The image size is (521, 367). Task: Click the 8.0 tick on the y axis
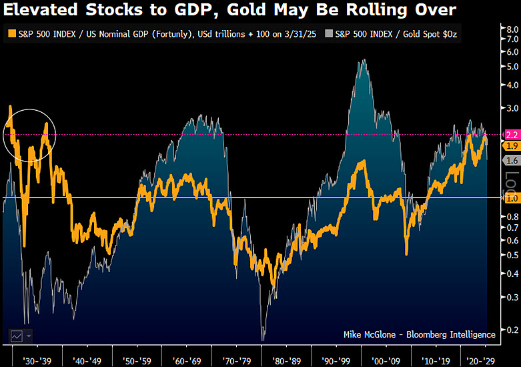(x=509, y=30)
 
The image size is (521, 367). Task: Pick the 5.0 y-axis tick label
(x=509, y=66)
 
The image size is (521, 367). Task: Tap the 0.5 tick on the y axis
(x=509, y=255)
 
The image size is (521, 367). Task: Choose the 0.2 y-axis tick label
(x=509, y=330)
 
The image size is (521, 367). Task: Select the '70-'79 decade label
(x=238, y=358)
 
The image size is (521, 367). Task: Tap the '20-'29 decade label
(x=480, y=358)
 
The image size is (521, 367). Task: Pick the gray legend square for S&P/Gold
(x=328, y=33)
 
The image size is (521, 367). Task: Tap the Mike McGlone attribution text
(x=419, y=334)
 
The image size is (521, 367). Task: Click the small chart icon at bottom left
(x=16, y=335)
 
